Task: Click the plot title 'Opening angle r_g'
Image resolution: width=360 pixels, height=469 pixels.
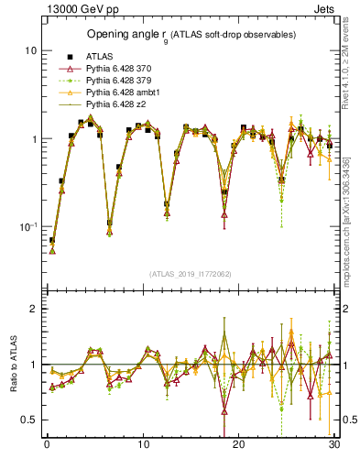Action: point(190,34)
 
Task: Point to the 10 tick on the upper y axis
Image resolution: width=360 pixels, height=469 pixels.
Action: point(30,50)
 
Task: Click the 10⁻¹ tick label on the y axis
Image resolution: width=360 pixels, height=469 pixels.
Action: point(27,226)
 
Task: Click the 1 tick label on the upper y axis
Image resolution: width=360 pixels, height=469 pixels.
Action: point(33,139)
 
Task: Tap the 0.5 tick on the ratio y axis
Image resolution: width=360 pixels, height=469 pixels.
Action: point(29,420)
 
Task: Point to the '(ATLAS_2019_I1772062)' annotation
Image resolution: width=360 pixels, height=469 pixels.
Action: point(190,274)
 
